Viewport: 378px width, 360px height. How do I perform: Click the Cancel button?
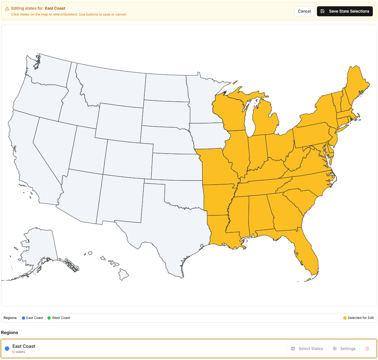[x=304, y=11]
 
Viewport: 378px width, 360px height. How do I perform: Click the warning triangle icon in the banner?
[x=7, y=9]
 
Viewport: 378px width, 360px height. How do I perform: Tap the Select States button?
[x=307, y=349]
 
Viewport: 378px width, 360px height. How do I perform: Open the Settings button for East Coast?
[x=344, y=349]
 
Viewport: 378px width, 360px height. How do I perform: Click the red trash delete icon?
[x=367, y=349]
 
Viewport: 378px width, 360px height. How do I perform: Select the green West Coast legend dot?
[x=49, y=318]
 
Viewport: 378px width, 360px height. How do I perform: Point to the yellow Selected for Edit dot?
[x=345, y=318]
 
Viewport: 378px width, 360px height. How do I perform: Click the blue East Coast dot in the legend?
[x=23, y=318]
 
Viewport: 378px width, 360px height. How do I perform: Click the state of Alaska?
[x=39, y=246]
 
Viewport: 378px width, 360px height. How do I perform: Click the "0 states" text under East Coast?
[x=19, y=352]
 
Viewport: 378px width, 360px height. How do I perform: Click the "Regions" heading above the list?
[x=10, y=333]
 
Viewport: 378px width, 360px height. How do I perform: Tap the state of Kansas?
[x=176, y=166]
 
